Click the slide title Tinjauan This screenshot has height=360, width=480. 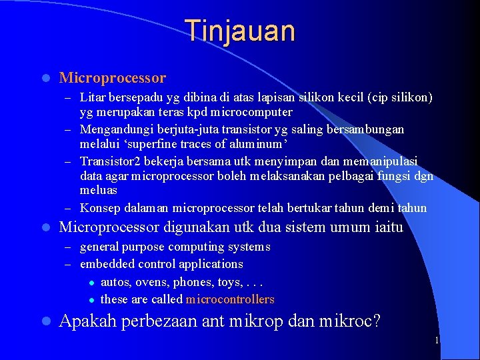click(x=239, y=31)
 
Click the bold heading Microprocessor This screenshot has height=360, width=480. click(x=113, y=78)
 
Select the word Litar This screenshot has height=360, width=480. click(x=92, y=98)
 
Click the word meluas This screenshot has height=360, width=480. click(x=98, y=191)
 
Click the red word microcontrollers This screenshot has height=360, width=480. click(x=230, y=299)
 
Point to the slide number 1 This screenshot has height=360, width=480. click(x=437, y=341)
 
